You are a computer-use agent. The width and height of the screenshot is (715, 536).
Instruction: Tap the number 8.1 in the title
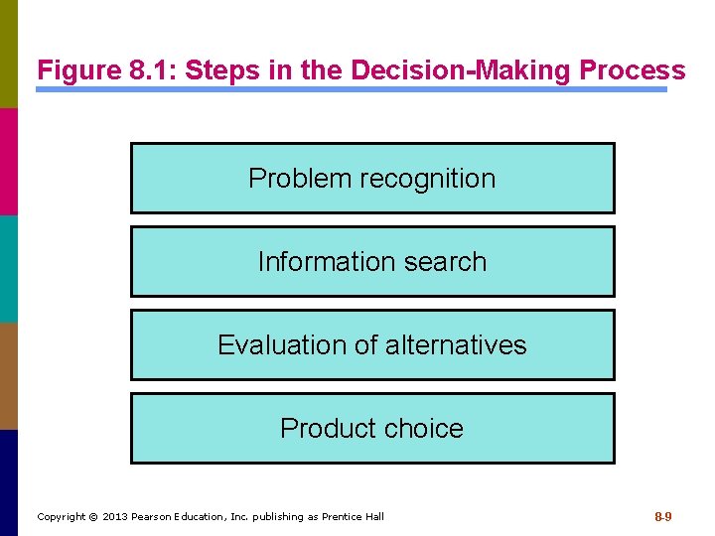tap(147, 71)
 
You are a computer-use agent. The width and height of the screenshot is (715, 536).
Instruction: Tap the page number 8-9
tap(663, 516)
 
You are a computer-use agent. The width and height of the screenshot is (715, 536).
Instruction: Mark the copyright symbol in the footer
tap(94, 516)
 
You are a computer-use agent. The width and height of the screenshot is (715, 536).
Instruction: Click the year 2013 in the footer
tap(116, 516)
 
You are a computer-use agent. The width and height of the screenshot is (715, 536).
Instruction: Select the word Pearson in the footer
tap(155, 516)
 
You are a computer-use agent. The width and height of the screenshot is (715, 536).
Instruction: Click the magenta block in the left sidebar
tap(8, 161)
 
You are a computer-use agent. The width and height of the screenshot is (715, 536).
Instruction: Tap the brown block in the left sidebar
tap(8, 376)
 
